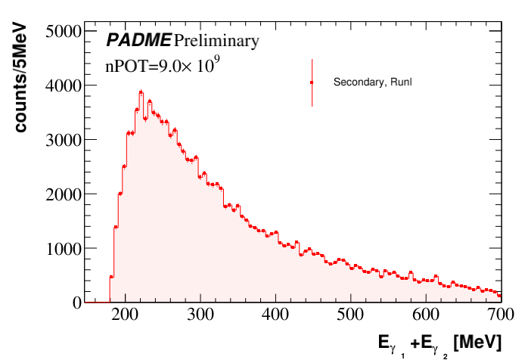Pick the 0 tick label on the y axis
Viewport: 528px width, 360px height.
pyautogui.click(x=76, y=303)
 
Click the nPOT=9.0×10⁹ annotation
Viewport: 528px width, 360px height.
pyautogui.click(x=162, y=66)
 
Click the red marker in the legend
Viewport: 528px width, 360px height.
pyautogui.click(x=312, y=82)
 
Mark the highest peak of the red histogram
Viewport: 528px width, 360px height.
pyautogui.click(x=141, y=92)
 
